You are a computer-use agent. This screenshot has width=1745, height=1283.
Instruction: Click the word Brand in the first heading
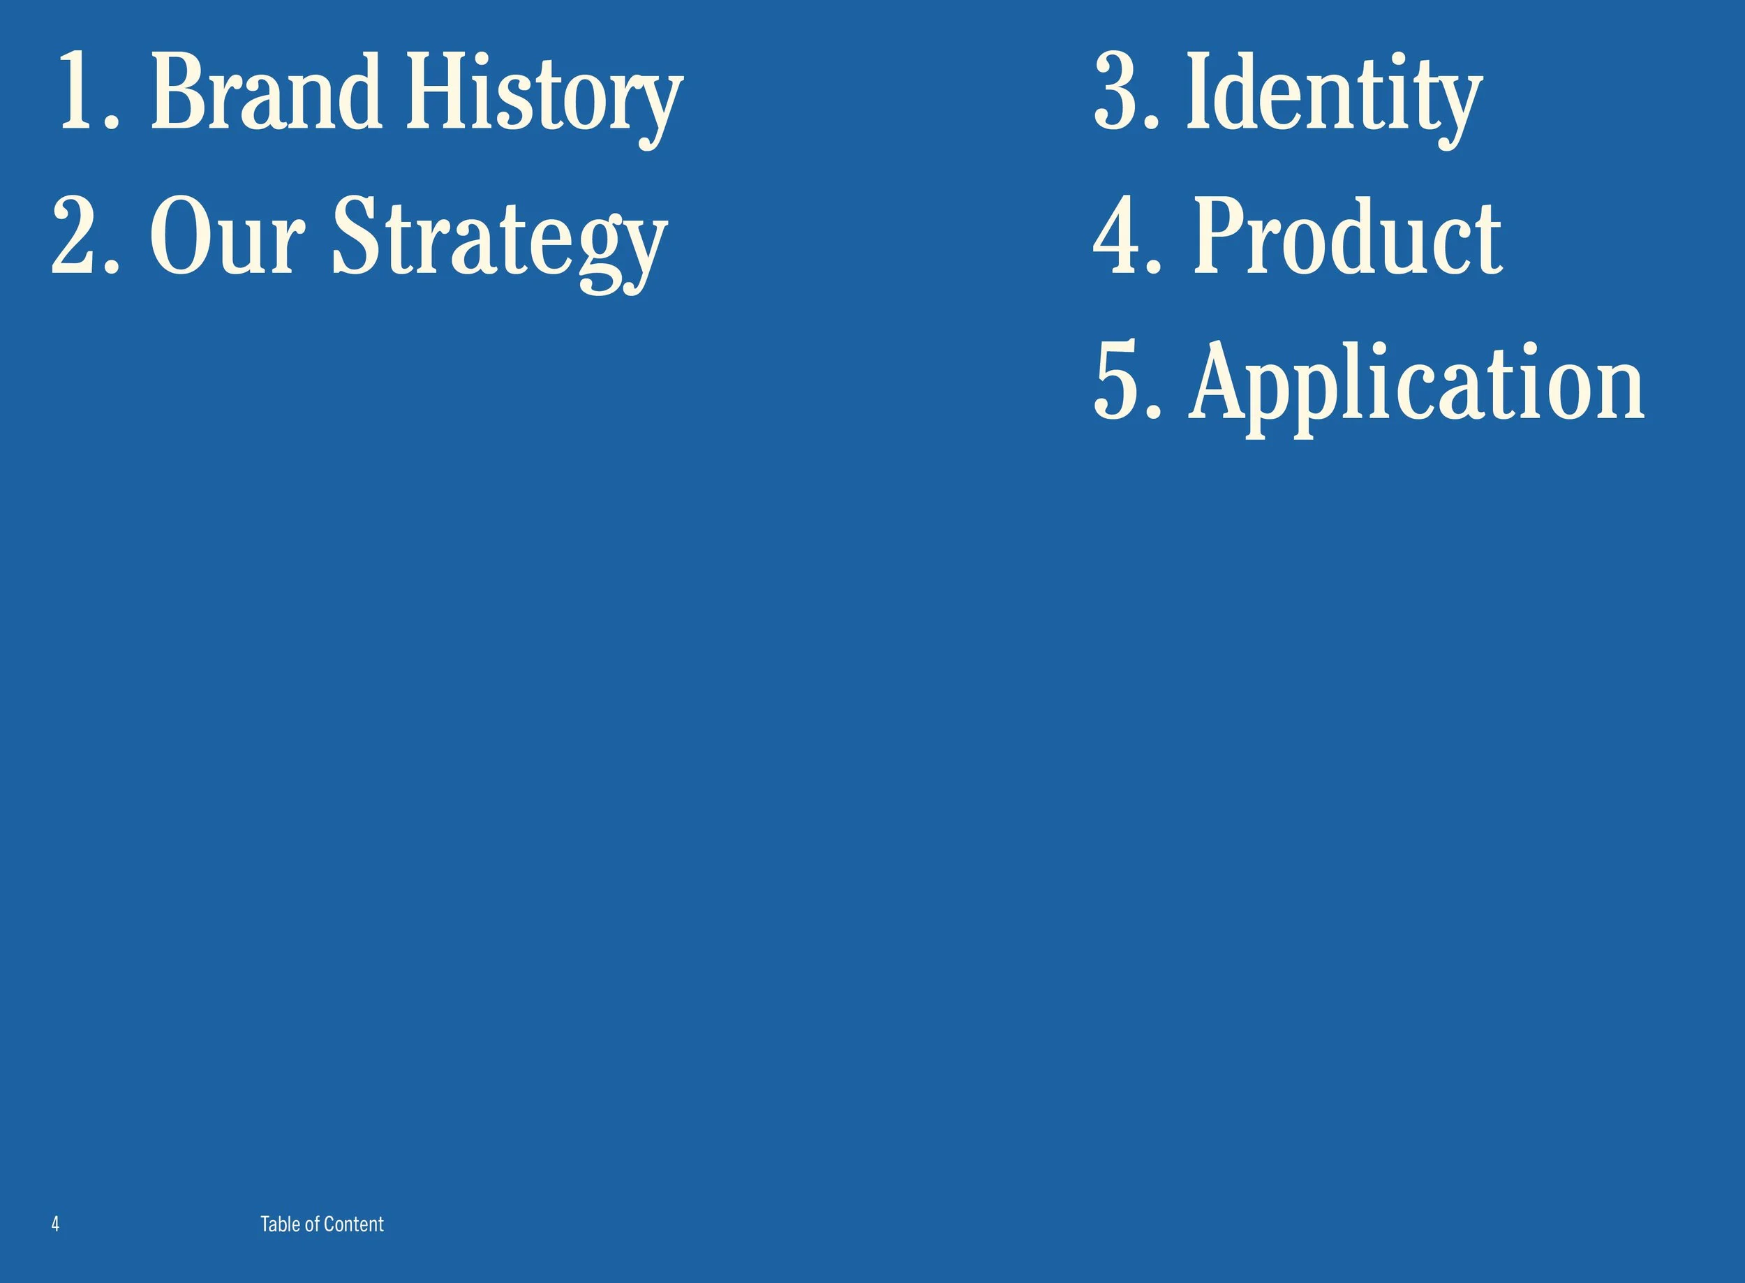[265, 91]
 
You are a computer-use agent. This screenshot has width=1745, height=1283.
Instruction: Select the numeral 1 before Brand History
[78, 91]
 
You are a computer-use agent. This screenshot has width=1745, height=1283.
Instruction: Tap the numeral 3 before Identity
[1115, 91]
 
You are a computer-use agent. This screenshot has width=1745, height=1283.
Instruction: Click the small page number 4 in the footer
[55, 1224]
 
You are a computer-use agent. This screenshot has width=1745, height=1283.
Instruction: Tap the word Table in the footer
[280, 1224]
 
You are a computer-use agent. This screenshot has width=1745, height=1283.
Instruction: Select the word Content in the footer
[353, 1224]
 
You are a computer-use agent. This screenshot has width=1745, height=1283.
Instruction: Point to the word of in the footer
[311, 1224]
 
